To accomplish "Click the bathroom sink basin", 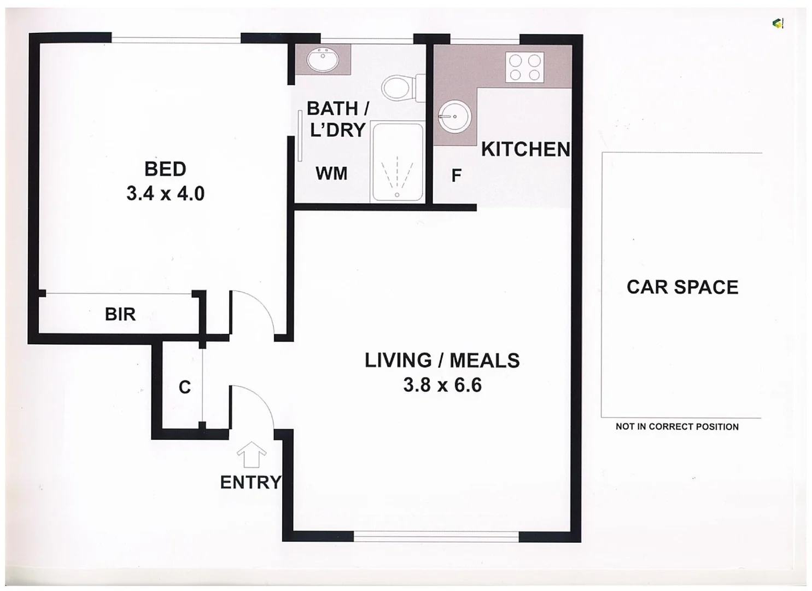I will pyautogui.click(x=323, y=60).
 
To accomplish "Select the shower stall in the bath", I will pyautogui.click(x=398, y=163).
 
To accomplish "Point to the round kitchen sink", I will pyautogui.click(x=454, y=117).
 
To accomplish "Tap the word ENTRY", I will pyautogui.click(x=250, y=482).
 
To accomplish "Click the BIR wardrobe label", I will pyautogui.click(x=120, y=314).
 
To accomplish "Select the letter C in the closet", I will pyautogui.click(x=185, y=387).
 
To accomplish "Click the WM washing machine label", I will pyautogui.click(x=331, y=173).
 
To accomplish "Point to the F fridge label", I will pyautogui.click(x=456, y=176).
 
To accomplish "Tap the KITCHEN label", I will pyautogui.click(x=525, y=149).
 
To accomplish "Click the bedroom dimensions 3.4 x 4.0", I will pyautogui.click(x=165, y=194).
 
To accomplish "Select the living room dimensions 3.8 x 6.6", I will pyautogui.click(x=442, y=385).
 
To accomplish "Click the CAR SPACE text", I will pyautogui.click(x=682, y=287).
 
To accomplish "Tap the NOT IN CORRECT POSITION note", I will pyautogui.click(x=677, y=427).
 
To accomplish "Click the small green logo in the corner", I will pyautogui.click(x=778, y=23).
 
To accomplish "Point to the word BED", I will pyautogui.click(x=165, y=169).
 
